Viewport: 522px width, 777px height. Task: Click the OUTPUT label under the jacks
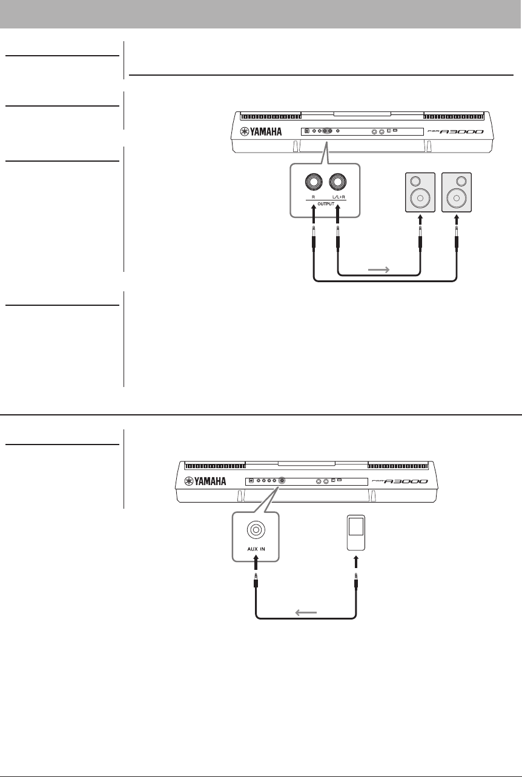(325, 203)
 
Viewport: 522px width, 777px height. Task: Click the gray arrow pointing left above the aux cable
(306, 612)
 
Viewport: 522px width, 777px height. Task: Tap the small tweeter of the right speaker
(462, 180)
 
